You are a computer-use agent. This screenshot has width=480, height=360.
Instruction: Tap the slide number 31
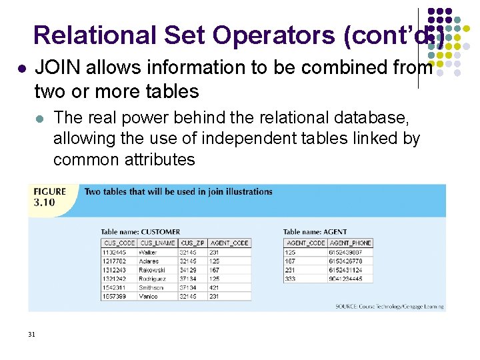31,334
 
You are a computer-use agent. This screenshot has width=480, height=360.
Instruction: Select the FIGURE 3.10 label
50,197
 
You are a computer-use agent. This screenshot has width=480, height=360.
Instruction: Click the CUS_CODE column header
119,243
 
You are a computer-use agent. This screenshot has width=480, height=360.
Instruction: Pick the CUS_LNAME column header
157,243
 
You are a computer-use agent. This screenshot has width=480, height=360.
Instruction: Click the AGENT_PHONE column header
350,243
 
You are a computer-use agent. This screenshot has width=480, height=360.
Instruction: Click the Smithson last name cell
153,287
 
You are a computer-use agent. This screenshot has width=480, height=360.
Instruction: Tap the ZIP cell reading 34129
188,270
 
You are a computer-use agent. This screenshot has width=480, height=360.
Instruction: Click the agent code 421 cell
214,287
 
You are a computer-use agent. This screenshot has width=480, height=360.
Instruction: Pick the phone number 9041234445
345,279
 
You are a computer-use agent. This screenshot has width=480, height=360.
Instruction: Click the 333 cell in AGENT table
290,279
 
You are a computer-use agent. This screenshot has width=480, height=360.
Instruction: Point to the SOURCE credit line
389,306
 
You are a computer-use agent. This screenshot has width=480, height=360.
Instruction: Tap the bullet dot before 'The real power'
40,119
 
